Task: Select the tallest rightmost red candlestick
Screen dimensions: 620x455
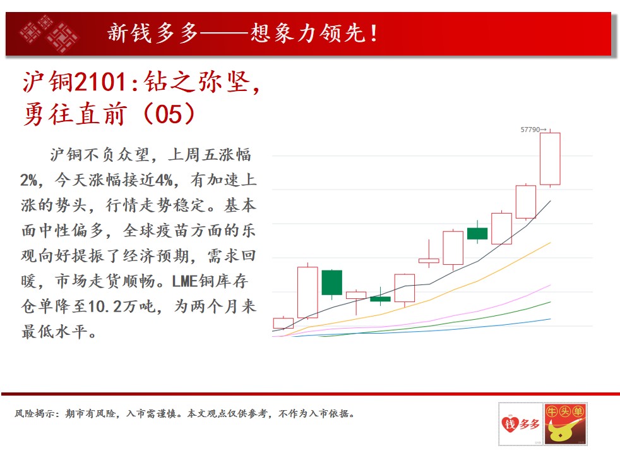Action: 550,159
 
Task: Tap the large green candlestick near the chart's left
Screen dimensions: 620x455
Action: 331,282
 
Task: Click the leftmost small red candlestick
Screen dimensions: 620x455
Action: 283,323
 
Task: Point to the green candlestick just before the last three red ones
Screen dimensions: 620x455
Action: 477,233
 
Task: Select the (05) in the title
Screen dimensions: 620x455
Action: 169,114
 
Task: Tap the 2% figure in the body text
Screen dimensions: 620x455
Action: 28,180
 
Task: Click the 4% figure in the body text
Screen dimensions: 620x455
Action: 164,180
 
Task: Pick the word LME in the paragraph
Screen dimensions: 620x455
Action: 184,281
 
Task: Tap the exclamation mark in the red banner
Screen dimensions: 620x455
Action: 374,33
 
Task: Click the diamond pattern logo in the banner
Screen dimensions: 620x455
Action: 49,33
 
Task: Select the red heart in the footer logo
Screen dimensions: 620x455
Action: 510,424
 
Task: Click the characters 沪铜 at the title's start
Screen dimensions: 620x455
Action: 47,82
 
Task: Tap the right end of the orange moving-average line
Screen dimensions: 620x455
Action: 551,243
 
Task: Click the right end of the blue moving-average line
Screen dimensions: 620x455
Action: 551,319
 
